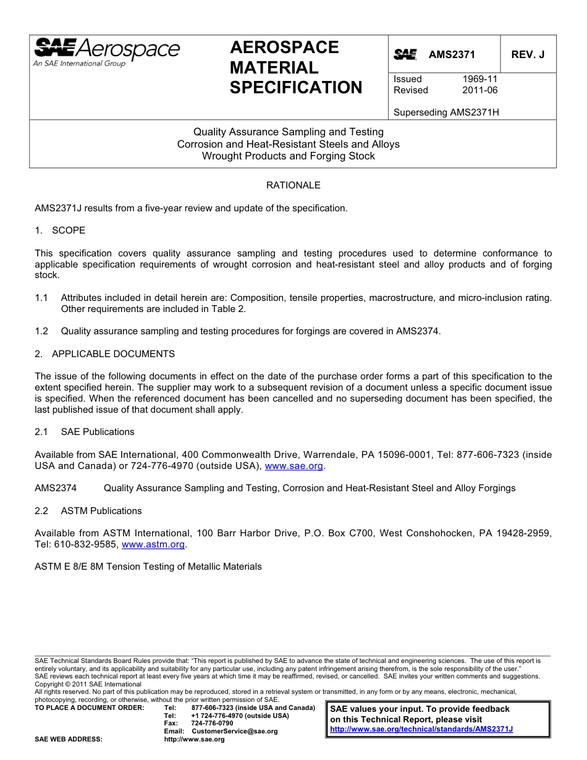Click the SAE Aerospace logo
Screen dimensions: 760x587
pos(106,52)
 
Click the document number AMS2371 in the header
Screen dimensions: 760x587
pos(452,54)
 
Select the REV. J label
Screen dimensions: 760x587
pos(528,54)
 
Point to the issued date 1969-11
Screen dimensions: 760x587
pos(479,79)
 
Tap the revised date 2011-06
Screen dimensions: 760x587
pos(479,90)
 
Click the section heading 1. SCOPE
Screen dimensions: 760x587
pos(60,230)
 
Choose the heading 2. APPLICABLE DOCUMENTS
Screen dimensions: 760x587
pos(104,354)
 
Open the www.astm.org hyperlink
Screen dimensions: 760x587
pos(153,544)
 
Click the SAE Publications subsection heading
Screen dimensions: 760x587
pos(97,432)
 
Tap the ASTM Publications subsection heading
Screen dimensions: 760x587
pos(101,511)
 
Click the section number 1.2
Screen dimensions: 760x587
pos(41,331)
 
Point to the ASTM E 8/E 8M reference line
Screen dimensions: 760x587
pos(148,567)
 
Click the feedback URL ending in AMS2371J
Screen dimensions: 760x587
pos(421,729)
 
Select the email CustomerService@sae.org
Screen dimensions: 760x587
pos(234,732)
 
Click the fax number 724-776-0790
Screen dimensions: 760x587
pos(212,724)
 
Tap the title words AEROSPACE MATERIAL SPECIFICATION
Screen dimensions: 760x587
pos(295,68)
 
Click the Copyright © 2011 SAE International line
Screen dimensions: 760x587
pos(88,685)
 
